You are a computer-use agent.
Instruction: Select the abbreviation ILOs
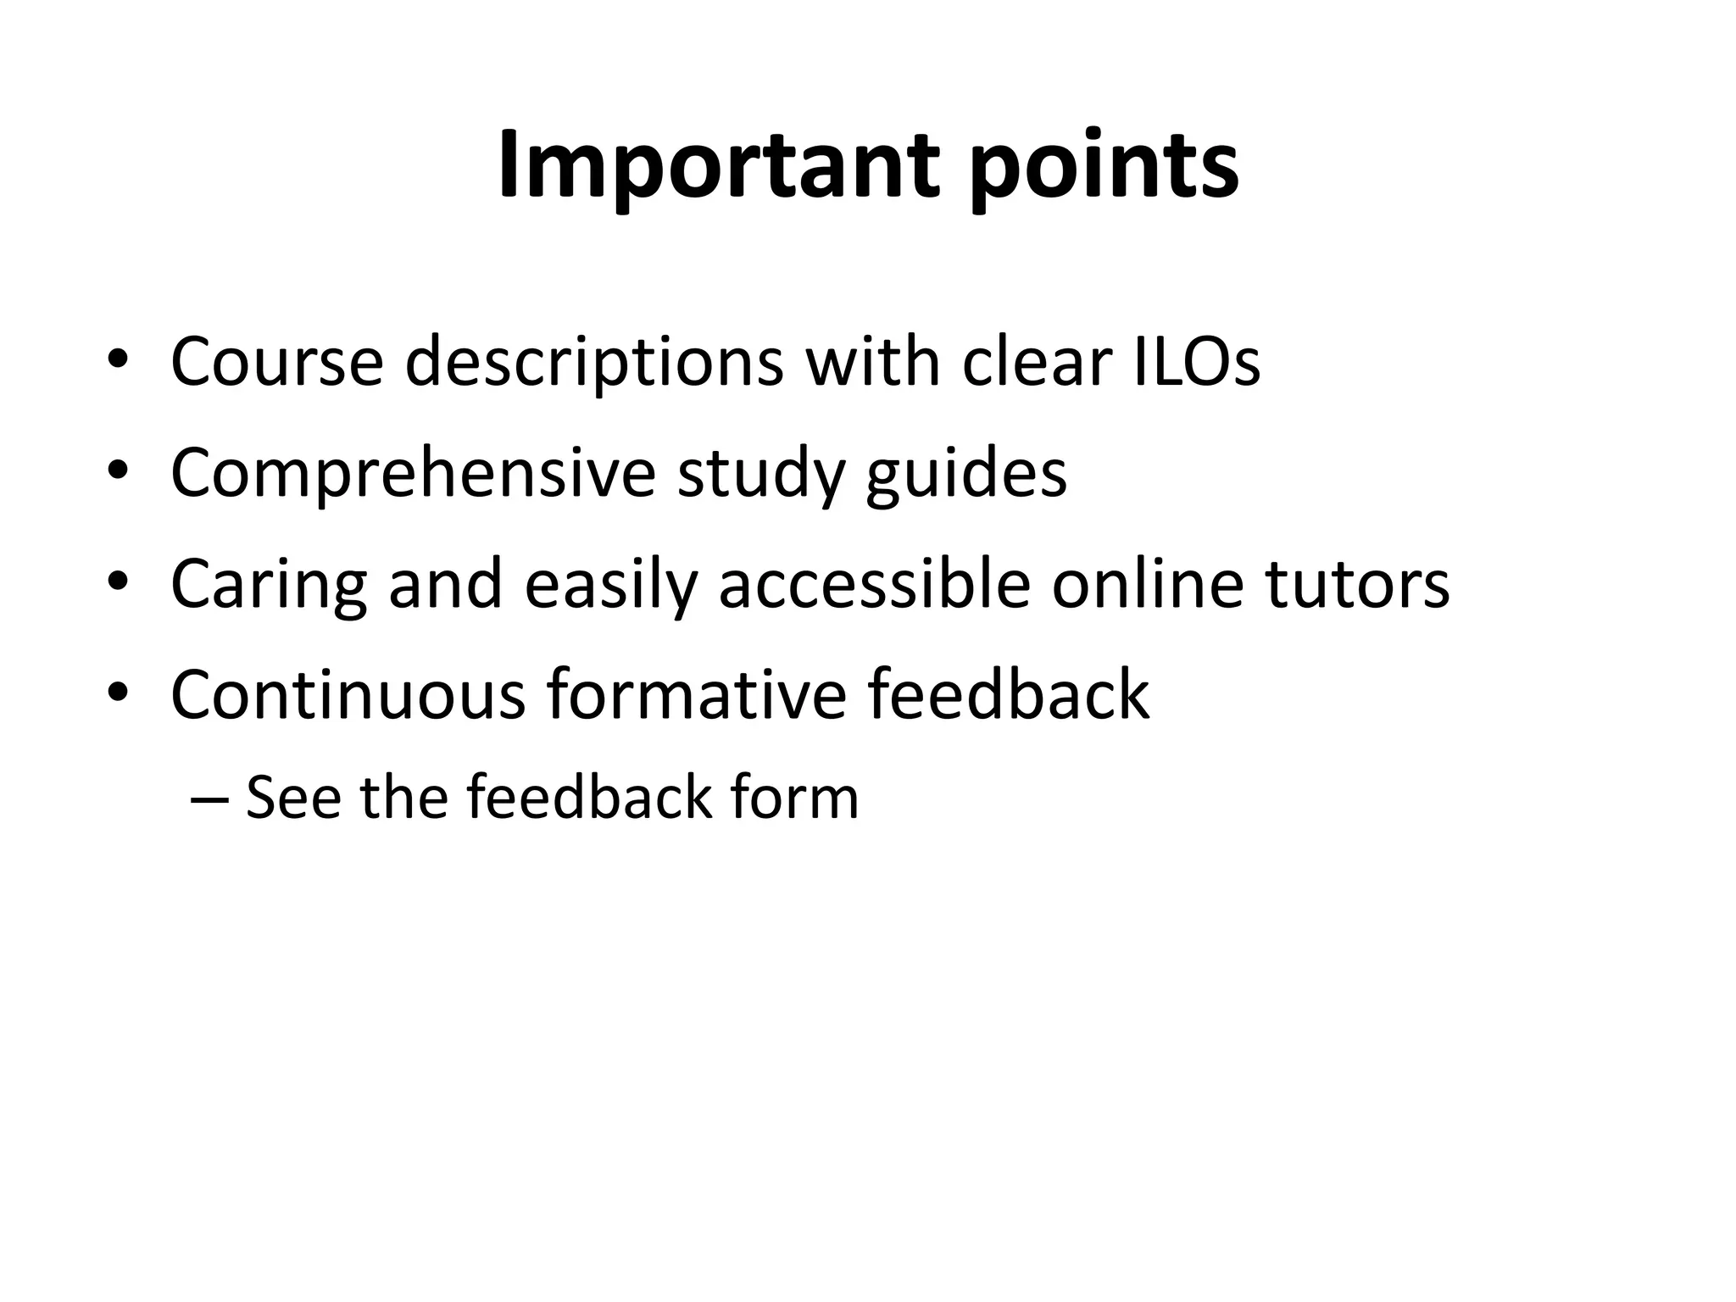[1196, 362]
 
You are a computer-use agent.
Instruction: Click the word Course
[277, 362]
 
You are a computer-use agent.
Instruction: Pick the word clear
[1036, 362]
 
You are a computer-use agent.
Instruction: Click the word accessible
[875, 585]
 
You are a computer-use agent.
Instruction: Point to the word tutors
[1358, 585]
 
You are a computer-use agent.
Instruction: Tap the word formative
[696, 695]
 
